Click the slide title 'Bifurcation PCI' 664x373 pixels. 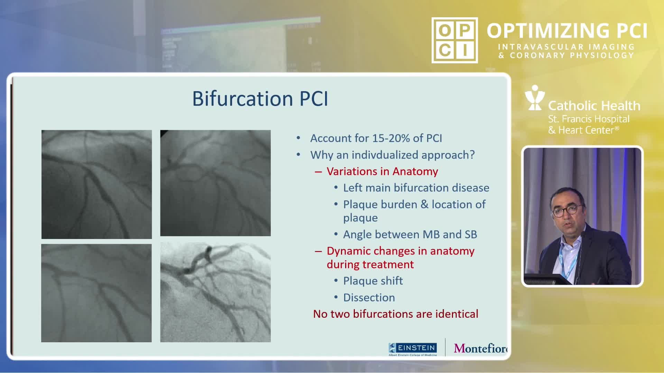[x=260, y=98]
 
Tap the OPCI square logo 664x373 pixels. [x=454, y=40]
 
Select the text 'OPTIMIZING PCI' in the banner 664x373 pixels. [x=567, y=31]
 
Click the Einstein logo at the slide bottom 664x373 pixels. [x=413, y=349]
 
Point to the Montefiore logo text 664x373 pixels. [x=481, y=348]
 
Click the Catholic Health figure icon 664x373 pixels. [x=535, y=98]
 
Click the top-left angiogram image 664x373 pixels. [x=96, y=184]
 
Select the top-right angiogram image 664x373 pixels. [x=215, y=183]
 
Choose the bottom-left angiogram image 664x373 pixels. [x=96, y=293]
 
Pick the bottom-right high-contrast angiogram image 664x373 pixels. [x=215, y=292]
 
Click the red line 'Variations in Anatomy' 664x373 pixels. [x=382, y=171]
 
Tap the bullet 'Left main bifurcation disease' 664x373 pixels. [x=416, y=188]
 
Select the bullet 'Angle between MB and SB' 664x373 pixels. [x=410, y=235]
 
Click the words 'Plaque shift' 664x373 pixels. [x=373, y=281]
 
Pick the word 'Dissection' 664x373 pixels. [x=369, y=297]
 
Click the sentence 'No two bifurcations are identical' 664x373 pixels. [x=396, y=314]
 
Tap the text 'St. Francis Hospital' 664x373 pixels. [x=589, y=119]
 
